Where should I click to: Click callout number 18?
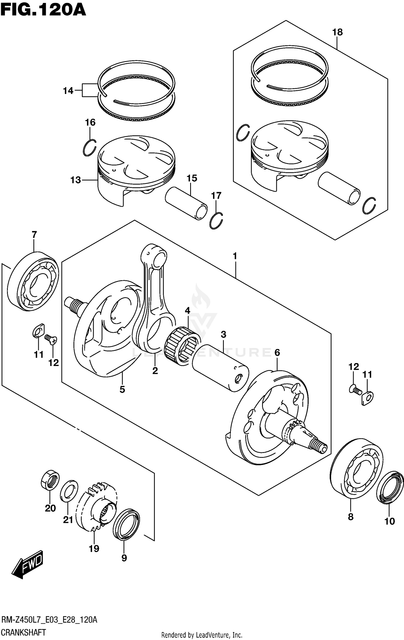pyautogui.click(x=337, y=32)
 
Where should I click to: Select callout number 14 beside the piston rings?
pyautogui.click(x=68, y=91)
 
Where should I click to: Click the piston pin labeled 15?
pyautogui.click(x=186, y=203)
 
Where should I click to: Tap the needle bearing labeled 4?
pyautogui.click(x=182, y=346)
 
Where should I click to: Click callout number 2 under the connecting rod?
pyautogui.click(x=155, y=371)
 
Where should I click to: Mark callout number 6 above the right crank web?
pyautogui.click(x=277, y=353)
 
